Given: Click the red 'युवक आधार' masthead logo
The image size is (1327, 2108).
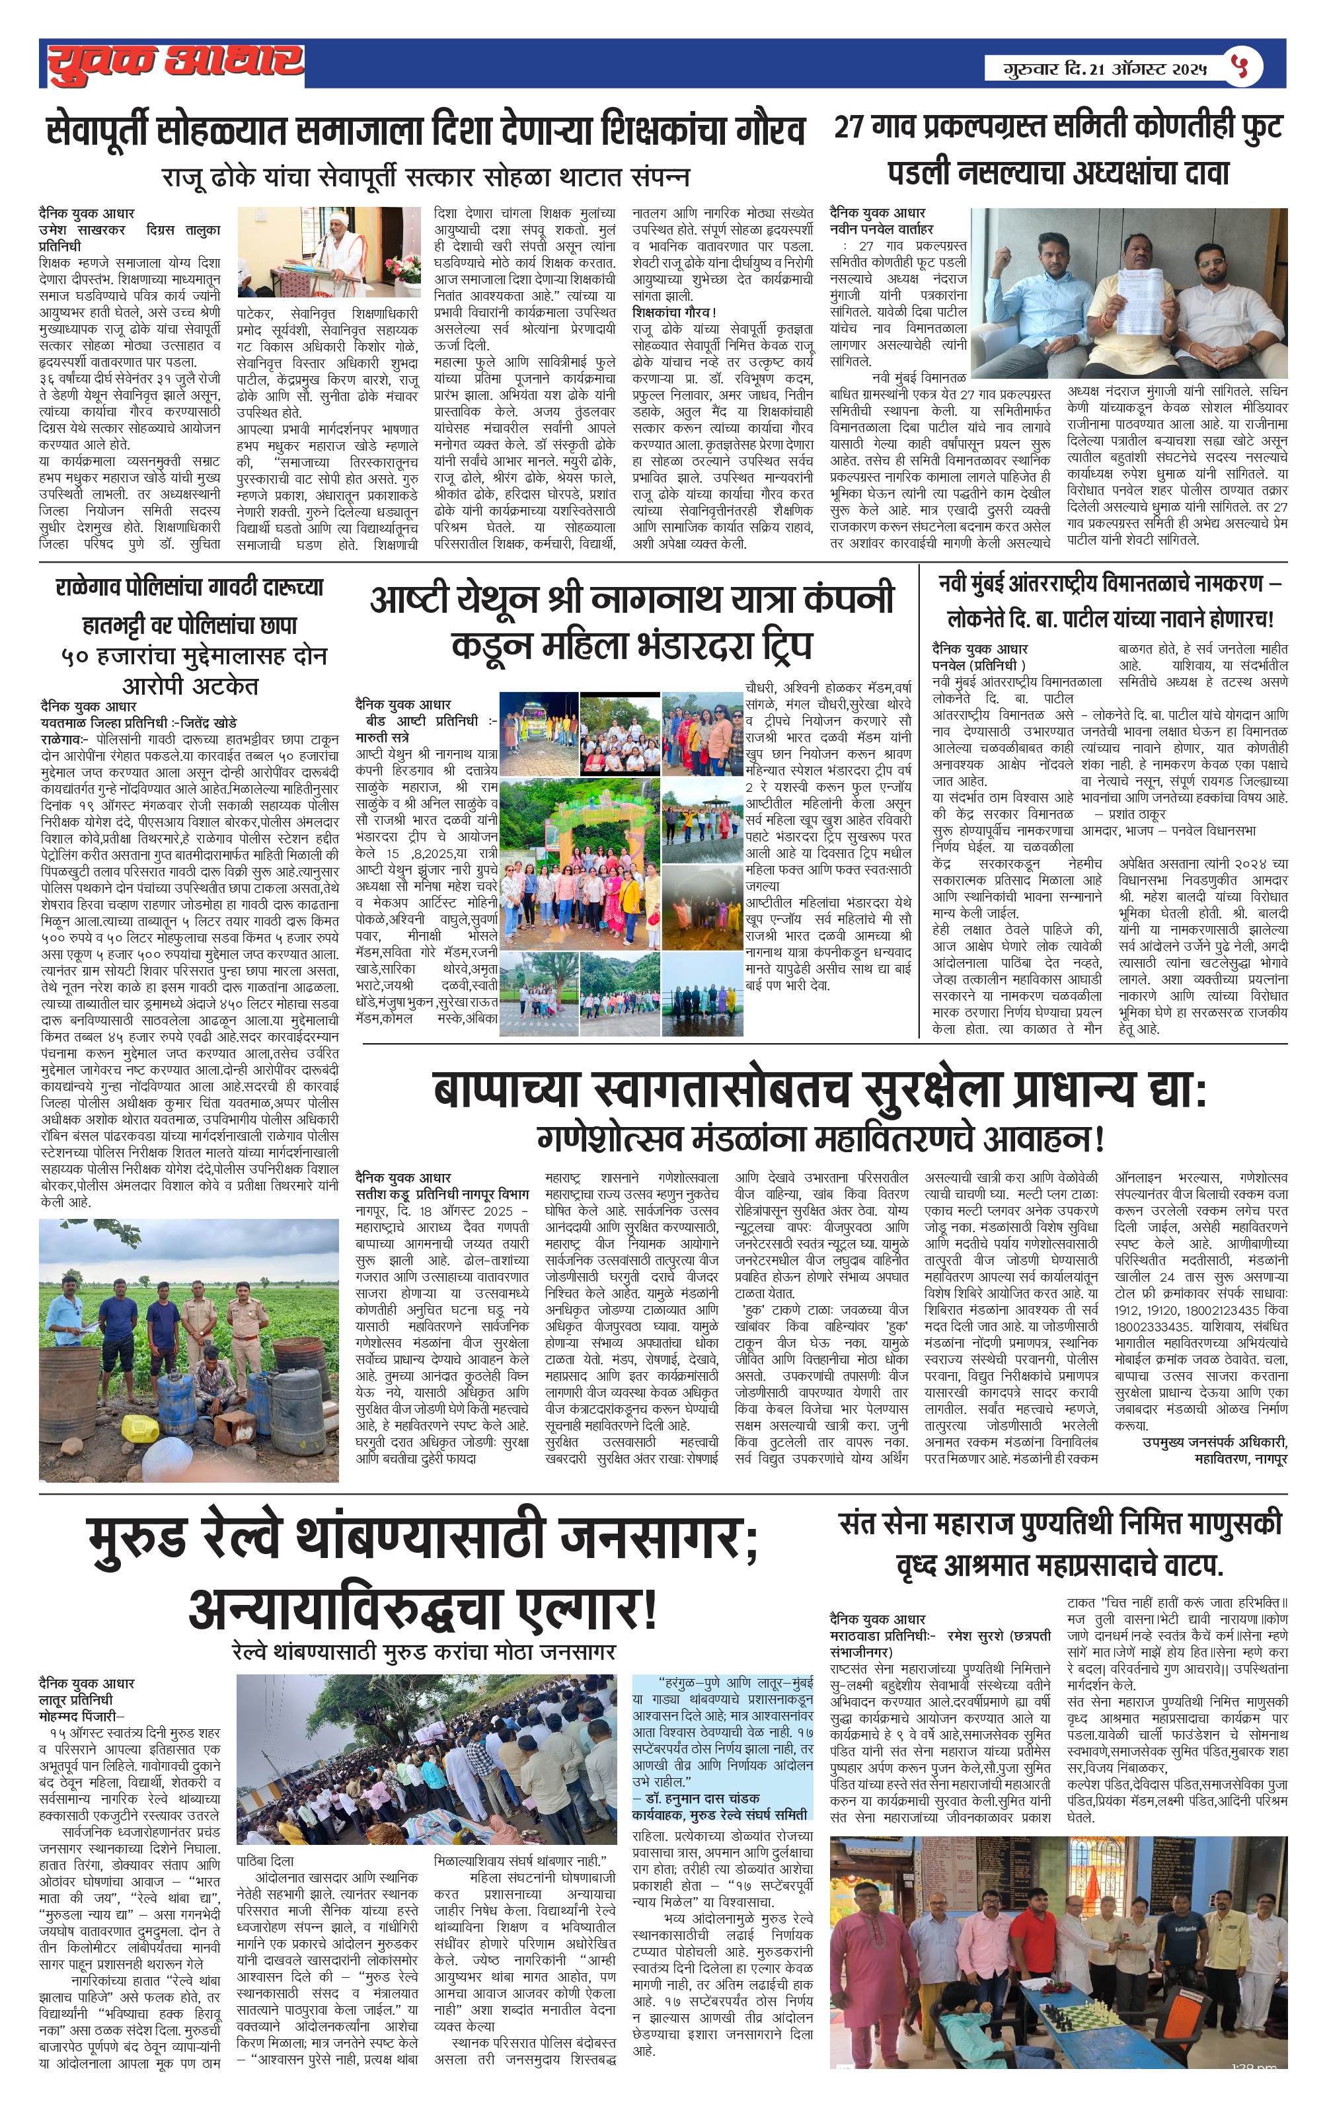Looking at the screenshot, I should (174, 63).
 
